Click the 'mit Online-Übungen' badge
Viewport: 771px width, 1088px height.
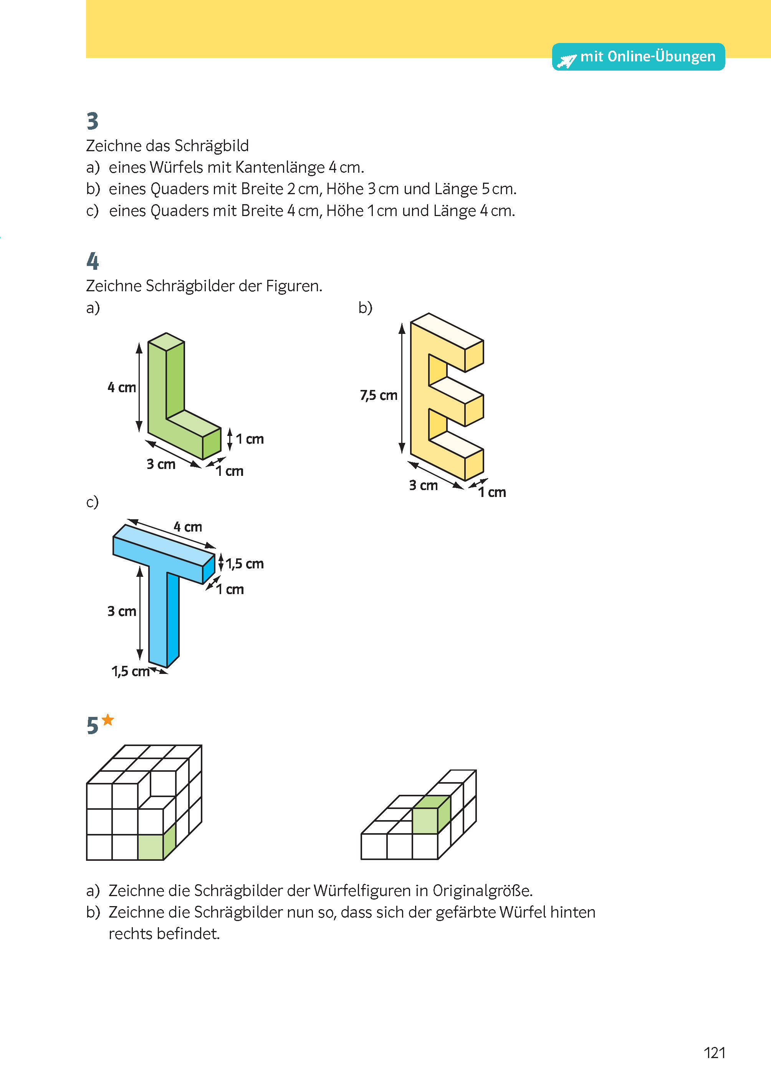click(x=638, y=57)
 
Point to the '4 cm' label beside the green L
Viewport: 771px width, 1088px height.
click(x=122, y=388)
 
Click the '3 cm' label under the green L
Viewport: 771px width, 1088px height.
click(x=160, y=464)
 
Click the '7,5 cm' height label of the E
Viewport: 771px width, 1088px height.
click(x=378, y=395)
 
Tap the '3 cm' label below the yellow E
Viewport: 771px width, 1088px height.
click(x=423, y=485)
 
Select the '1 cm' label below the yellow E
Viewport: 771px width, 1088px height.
click(x=492, y=492)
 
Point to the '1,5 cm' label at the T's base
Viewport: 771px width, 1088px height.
click(x=130, y=671)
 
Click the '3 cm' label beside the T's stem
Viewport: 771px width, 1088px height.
click(x=122, y=611)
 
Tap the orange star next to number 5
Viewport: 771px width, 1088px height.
click(x=108, y=720)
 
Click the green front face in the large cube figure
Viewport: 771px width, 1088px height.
click(x=151, y=847)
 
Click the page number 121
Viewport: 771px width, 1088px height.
click(x=714, y=1053)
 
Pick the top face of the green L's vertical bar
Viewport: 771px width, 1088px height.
click(x=166, y=342)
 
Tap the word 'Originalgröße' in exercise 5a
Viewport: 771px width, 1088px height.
click(x=482, y=891)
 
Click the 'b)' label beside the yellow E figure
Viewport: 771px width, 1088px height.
click(x=365, y=308)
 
